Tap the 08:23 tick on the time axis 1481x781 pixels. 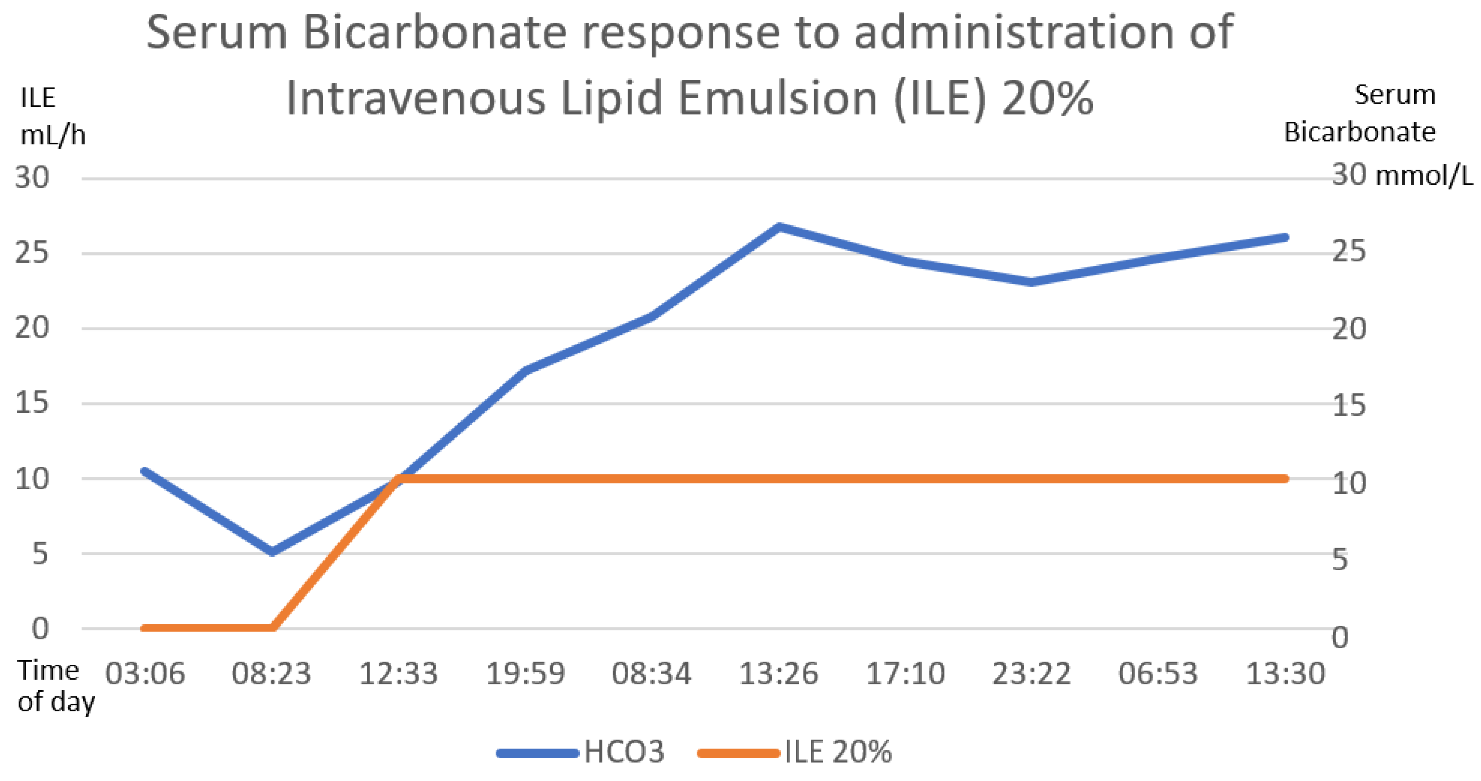coord(271,673)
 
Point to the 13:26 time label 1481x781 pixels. coord(778,673)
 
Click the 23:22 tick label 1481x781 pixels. coord(1031,673)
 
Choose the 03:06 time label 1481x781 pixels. coord(145,673)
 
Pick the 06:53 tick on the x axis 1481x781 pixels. coord(1158,673)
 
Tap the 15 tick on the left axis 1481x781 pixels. coord(32,403)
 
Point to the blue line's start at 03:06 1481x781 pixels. coord(144,471)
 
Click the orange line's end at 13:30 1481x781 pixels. coord(1285,478)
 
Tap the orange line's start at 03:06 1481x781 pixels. coord(144,628)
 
